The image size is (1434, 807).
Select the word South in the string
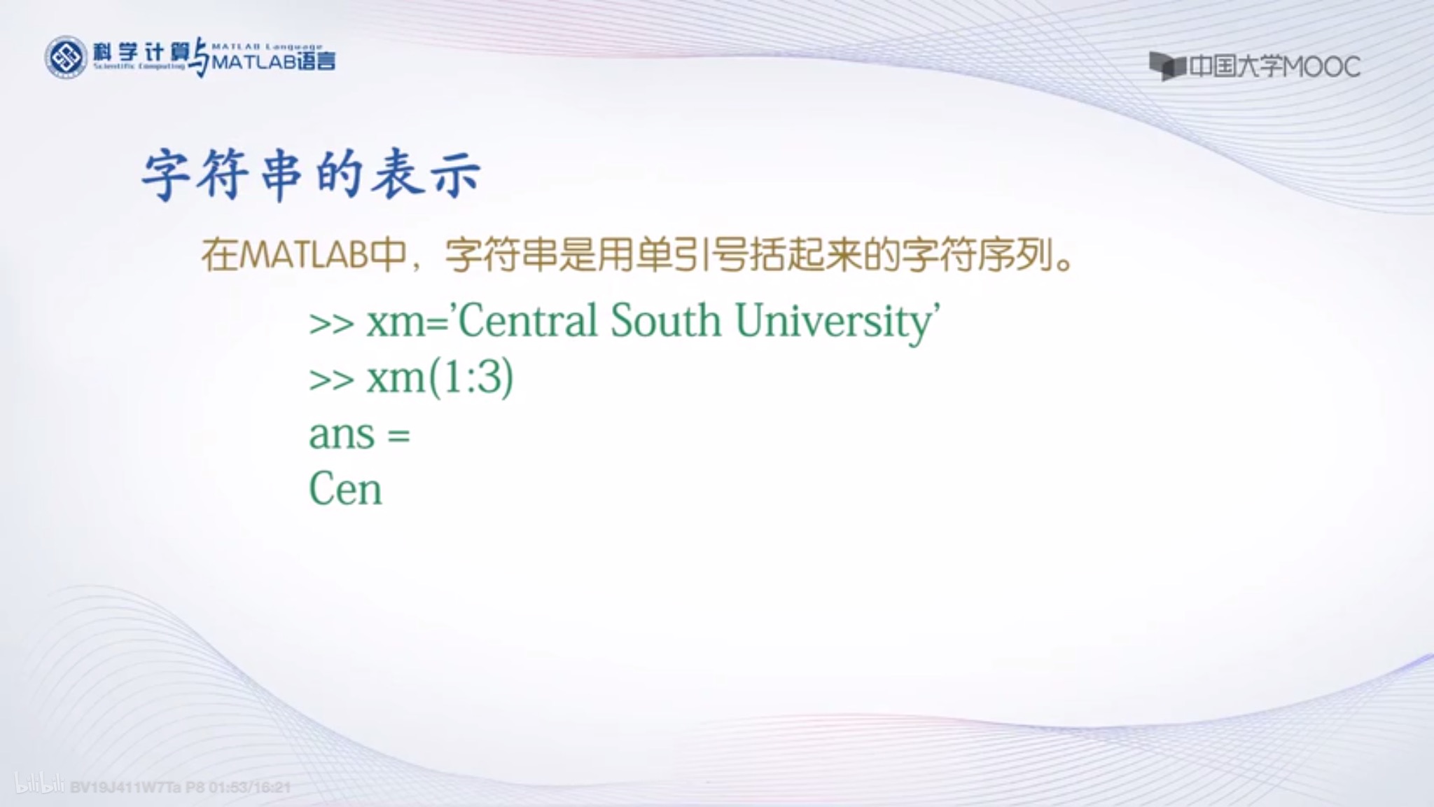(665, 322)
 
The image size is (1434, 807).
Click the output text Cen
(345, 489)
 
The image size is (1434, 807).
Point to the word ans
(342, 435)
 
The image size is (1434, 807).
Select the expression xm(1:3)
(440, 378)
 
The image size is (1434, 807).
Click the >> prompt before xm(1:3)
(331, 380)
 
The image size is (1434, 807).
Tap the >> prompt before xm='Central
(331, 324)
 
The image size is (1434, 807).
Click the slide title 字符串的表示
(312, 175)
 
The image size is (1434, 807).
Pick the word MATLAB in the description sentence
(303, 255)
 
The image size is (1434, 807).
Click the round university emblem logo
(66, 57)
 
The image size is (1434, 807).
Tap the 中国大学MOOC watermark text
(1274, 67)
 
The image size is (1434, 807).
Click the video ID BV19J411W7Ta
(125, 787)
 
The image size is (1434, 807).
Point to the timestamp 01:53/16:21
(249, 787)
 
